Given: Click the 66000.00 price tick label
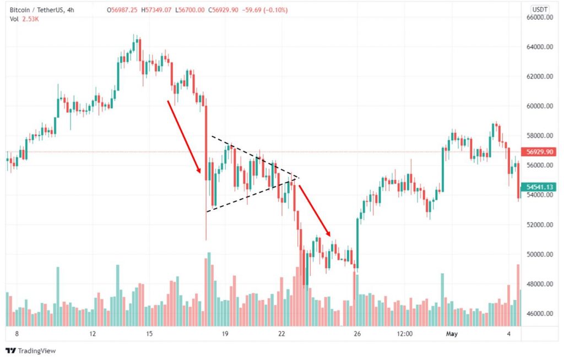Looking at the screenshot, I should coord(539,18).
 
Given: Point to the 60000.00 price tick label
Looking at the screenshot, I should coord(539,106).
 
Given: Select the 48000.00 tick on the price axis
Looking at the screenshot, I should coord(539,285).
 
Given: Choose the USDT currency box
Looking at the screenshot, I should coord(538,9).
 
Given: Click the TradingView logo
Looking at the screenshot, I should coord(31,351).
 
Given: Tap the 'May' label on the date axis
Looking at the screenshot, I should coord(452,334).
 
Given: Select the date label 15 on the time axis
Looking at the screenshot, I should coord(149,334).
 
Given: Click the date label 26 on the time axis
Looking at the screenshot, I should coord(357,334).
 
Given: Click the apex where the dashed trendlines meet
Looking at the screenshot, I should coord(298,177).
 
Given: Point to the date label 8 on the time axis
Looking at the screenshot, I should coord(17,334).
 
